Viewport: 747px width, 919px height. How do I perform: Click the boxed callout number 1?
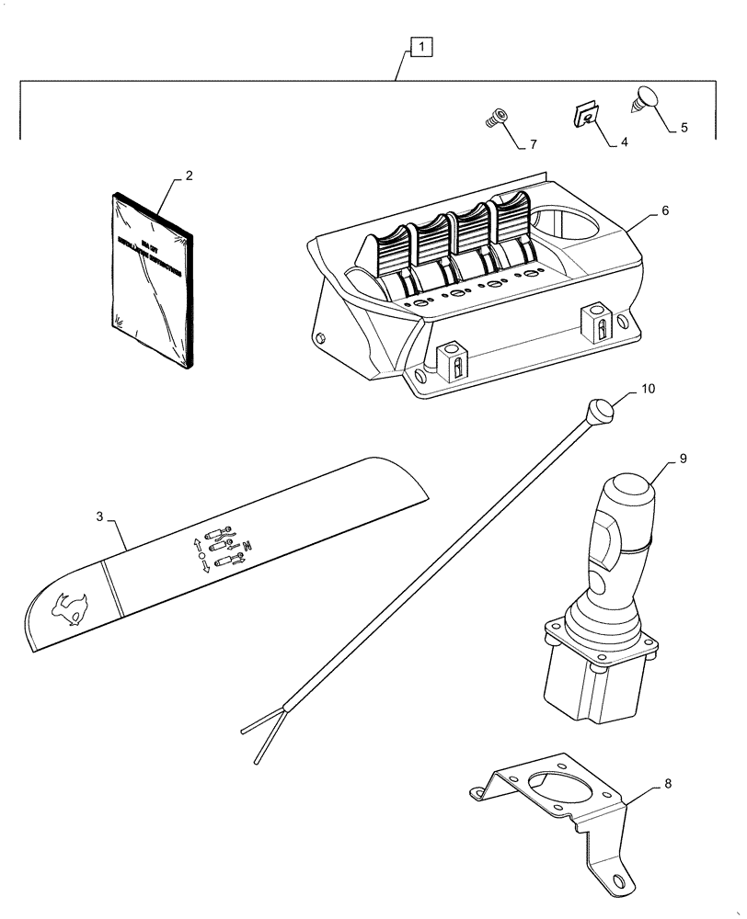coord(419,45)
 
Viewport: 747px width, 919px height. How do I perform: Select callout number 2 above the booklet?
coord(189,175)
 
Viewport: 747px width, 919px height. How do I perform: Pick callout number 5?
coord(684,129)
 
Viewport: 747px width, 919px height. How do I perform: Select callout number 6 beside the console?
coord(664,210)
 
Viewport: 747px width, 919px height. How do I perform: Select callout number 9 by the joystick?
coord(682,457)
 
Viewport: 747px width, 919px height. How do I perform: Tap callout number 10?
coord(648,390)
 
